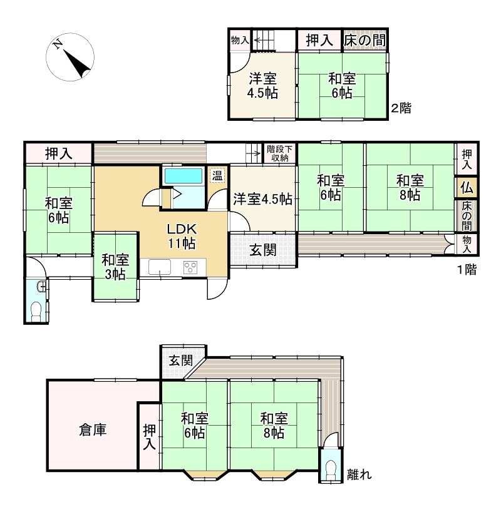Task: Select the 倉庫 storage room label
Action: point(92,430)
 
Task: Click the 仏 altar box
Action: point(466,188)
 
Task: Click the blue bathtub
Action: point(183,176)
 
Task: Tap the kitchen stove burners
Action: point(190,267)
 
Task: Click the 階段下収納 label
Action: point(279,153)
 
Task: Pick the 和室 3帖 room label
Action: point(115,267)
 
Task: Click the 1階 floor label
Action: point(466,270)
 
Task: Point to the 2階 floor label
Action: point(401,108)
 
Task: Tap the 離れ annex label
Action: point(359,474)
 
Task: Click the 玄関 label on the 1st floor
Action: point(263,250)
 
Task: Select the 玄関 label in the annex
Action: point(180,361)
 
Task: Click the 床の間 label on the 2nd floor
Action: point(364,41)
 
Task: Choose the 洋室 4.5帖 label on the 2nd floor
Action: point(263,86)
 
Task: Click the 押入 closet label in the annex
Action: point(149,437)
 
